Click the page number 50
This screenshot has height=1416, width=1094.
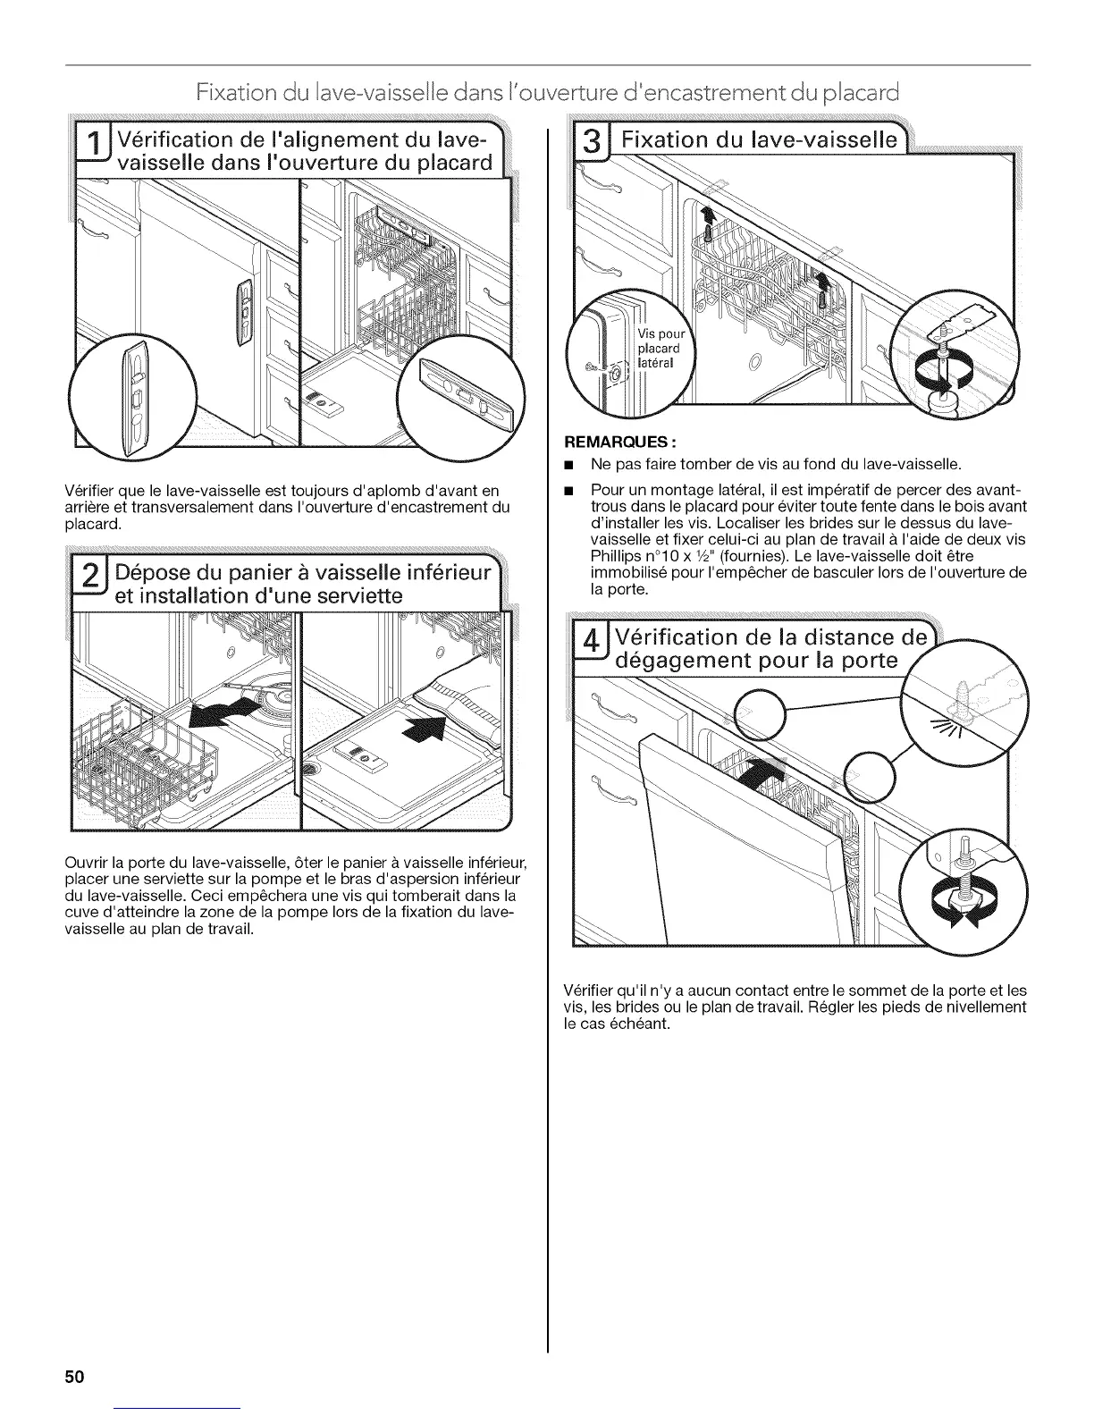point(73,1376)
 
